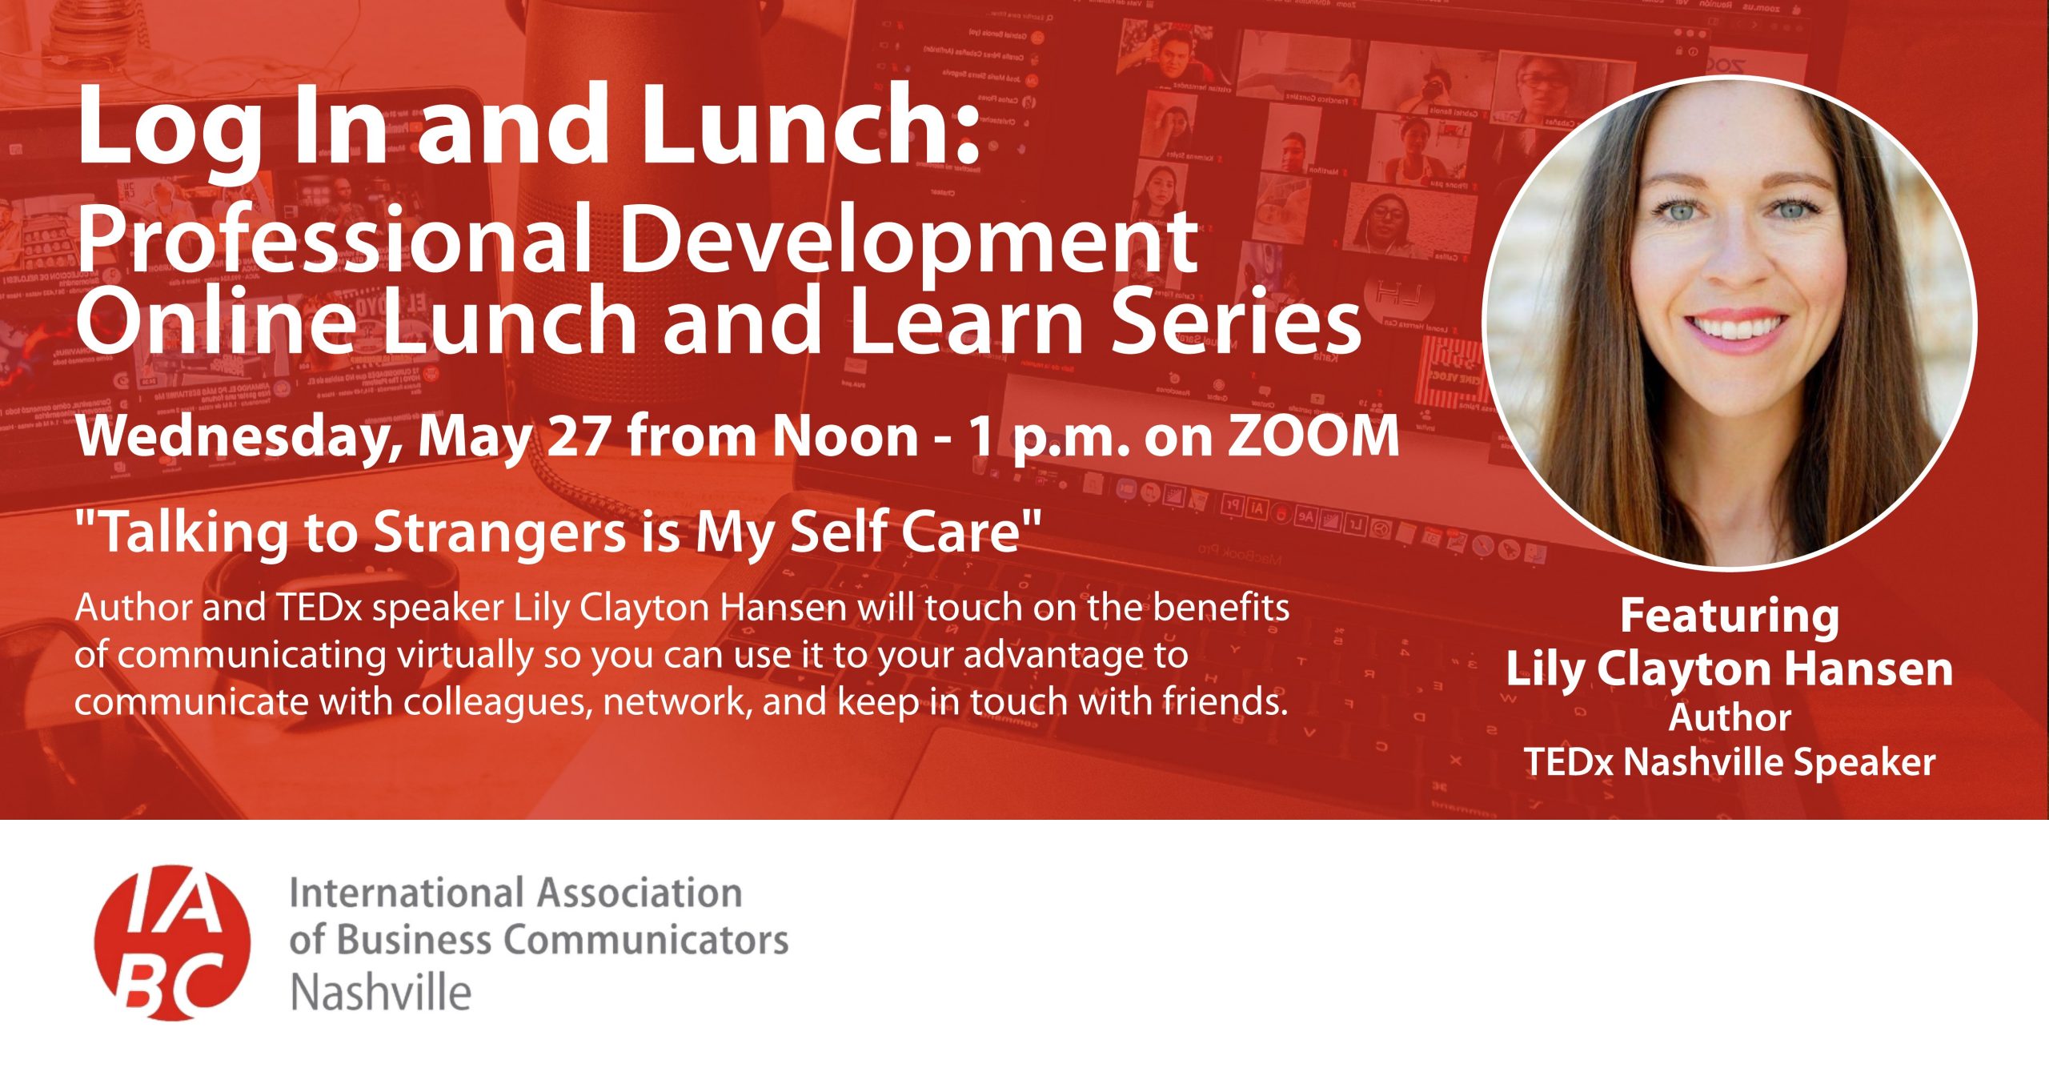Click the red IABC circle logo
click(172, 942)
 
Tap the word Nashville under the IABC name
click(381, 993)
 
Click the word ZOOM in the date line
click(1313, 437)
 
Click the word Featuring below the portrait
click(1730, 618)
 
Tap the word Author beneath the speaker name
click(1730, 717)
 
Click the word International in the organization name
click(406, 893)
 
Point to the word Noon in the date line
click(844, 437)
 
